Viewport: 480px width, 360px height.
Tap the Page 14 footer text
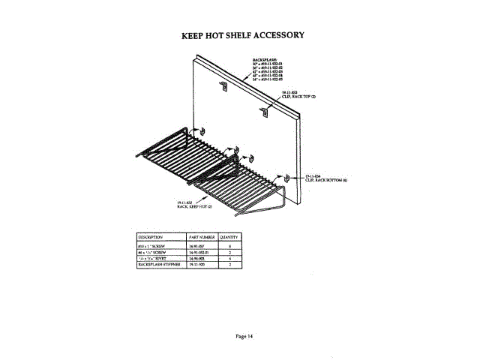tap(241, 335)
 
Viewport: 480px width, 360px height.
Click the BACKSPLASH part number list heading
tap(265, 57)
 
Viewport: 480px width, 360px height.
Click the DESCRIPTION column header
tap(151, 236)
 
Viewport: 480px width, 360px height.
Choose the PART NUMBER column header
tap(202, 236)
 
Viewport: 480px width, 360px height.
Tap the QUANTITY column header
tap(229, 236)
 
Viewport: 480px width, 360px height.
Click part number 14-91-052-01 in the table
tap(202, 252)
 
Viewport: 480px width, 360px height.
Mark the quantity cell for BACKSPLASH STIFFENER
tap(229, 265)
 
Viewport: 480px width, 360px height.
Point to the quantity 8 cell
tap(229, 245)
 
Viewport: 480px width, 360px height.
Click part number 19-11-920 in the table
tap(200, 265)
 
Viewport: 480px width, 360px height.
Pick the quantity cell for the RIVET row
tap(229, 259)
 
